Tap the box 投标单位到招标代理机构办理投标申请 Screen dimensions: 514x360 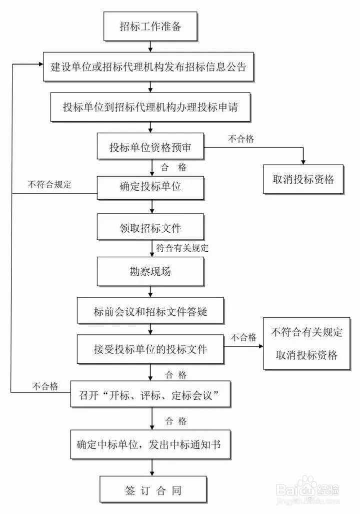point(150,107)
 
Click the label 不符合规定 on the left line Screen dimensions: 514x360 point(49,184)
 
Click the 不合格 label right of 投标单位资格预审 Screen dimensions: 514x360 point(241,140)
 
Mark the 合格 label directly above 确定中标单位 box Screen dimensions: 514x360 point(175,420)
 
